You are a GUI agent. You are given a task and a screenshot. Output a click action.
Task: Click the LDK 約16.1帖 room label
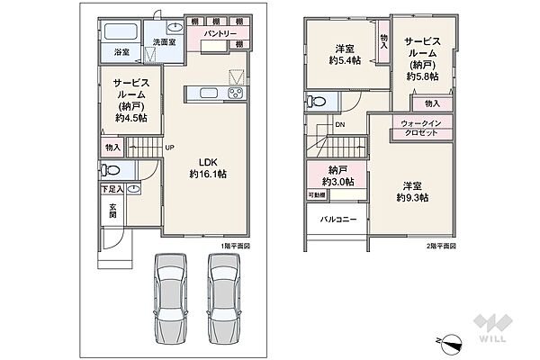point(207,168)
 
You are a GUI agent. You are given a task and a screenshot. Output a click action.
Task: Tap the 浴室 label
point(121,53)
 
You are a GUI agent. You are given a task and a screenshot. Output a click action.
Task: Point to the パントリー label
point(220,33)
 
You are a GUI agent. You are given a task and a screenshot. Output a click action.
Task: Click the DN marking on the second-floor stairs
point(340,125)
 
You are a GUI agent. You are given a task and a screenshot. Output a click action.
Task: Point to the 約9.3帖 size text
point(414,197)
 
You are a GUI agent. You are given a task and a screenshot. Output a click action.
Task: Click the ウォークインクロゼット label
point(419,128)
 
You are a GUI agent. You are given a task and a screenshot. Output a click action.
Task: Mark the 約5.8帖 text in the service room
point(420,76)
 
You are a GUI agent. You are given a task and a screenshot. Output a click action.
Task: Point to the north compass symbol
point(453,341)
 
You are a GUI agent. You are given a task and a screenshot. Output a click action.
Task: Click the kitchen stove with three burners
point(236,94)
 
